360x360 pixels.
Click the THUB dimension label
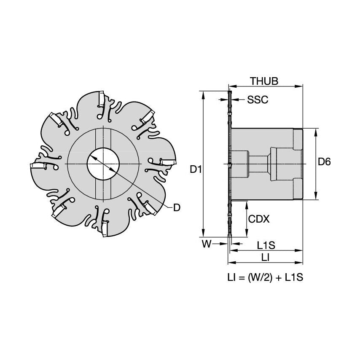pos(264,81)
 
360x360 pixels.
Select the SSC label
pos(257,100)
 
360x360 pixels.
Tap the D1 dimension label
pos(195,170)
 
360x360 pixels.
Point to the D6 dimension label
pos(324,161)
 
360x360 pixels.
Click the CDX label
pos(259,219)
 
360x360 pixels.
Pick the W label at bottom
pos(206,244)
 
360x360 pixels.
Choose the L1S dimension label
pos(266,244)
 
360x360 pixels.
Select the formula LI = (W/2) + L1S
pos(266,277)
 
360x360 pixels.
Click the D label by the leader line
pos(177,207)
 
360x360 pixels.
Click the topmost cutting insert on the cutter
pos(101,99)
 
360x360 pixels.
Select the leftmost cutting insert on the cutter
pos(38,166)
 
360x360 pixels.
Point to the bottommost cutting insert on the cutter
pos(105,229)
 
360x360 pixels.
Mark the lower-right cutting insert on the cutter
pos(150,207)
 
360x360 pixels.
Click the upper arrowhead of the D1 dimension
pos(204,94)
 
